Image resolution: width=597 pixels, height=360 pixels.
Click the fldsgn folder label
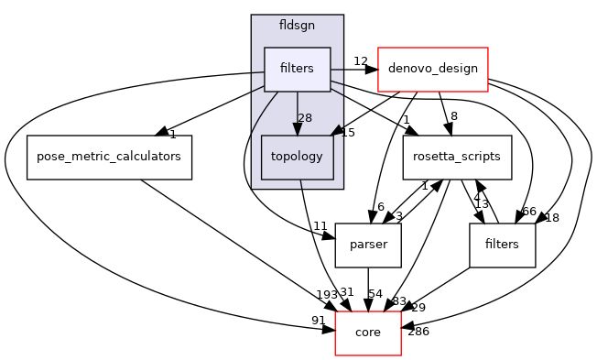pyautogui.click(x=297, y=27)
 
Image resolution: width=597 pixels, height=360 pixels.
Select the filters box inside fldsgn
pyautogui.click(x=297, y=70)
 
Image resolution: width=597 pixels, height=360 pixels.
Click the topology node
pyautogui.click(x=297, y=157)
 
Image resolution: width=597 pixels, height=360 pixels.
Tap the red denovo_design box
pyautogui.click(x=432, y=70)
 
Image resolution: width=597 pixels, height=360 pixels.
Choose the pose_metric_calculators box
pyautogui.click(x=109, y=157)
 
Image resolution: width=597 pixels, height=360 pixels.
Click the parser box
pyautogui.click(x=368, y=245)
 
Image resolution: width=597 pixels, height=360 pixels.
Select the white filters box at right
pyautogui.click(x=502, y=245)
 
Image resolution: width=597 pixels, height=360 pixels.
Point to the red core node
pyautogui.click(x=368, y=332)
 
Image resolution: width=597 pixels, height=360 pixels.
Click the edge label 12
pyautogui.click(x=360, y=61)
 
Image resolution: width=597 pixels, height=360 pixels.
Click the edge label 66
pyautogui.click(x=528, y=212)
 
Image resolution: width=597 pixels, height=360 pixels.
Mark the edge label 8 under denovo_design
pyautogui.click(x=452, y=116)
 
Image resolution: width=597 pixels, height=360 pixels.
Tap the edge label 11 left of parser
pyautogui.click(x=320, y=225)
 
